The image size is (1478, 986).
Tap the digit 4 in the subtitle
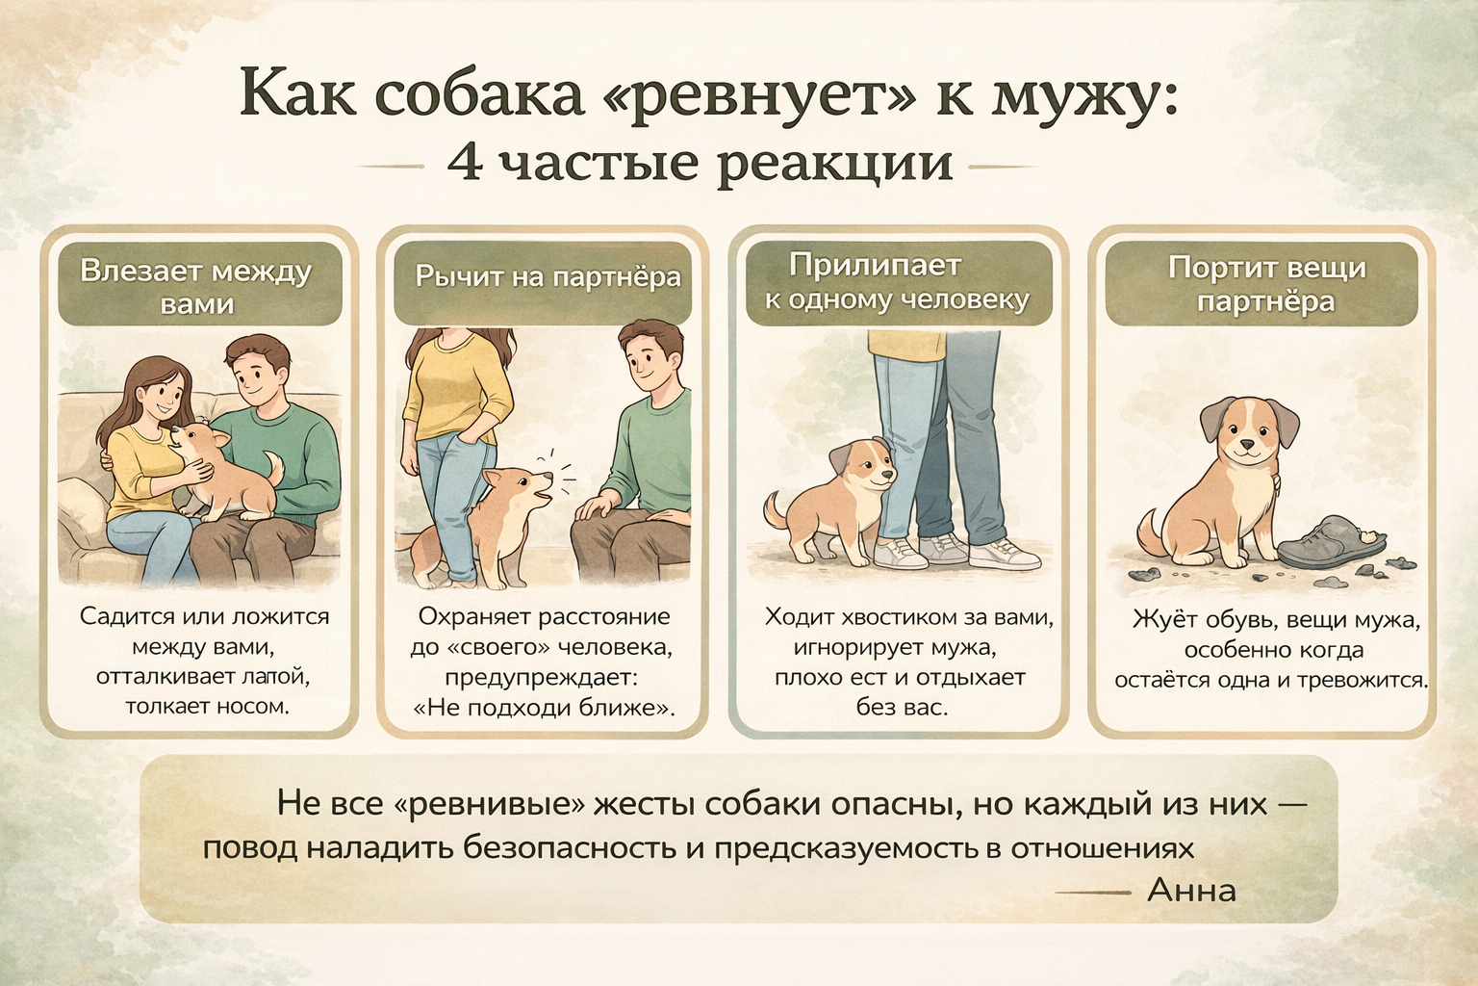pyautogui.click(x=465, y=163)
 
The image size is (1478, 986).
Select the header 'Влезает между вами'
pyautogui.click(x=196, y=287)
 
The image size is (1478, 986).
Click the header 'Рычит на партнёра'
pyautogui.click(x=548, y=276)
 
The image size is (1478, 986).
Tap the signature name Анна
pyautogui.click(x=1191, y=891)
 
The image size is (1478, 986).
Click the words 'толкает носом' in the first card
pyautogui.click(x=208, y=707)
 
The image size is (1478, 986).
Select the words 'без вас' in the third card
pyautogui.click(x=902, y=708)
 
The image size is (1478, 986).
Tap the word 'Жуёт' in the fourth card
pyautogui.click(x=1161, y=620)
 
